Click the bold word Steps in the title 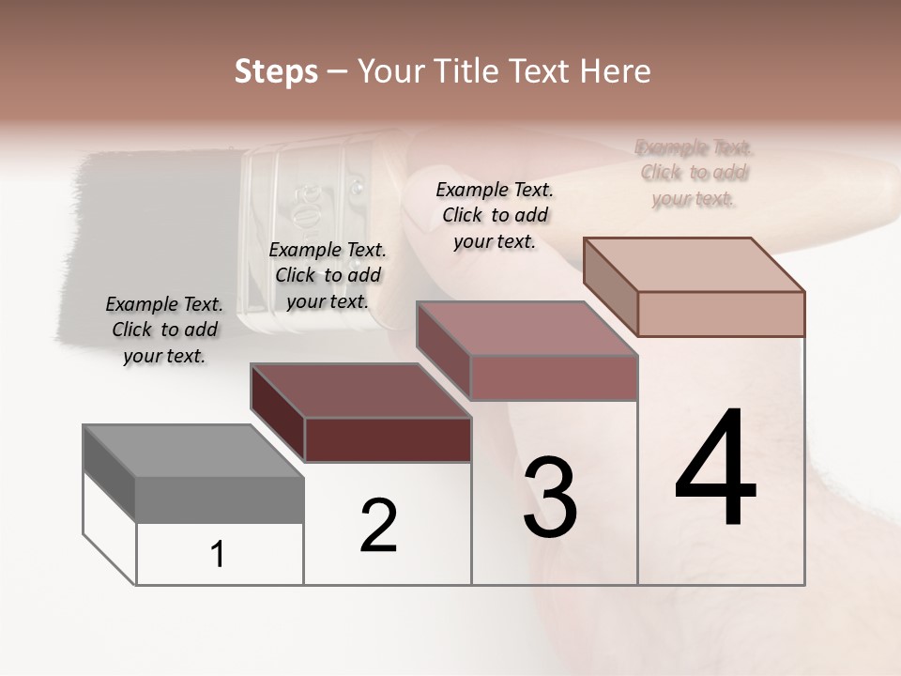(276, 71)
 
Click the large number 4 (716, 469)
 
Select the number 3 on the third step (550, 498)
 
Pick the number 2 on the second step (379, 526)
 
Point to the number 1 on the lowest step (218, 555)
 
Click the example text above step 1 (164, 330)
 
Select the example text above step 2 (328, 276)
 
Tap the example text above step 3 (495, 215)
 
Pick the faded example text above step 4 (695, 173)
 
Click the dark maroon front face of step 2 (388, 439)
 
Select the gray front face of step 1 (220, 499)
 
